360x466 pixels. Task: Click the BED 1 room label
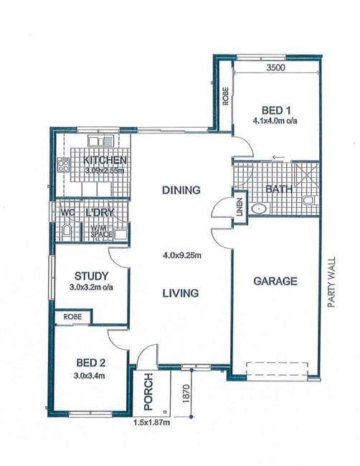click(275, 110)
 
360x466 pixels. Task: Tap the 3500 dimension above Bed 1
click(275, 68)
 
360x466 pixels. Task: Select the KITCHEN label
click(105, 160)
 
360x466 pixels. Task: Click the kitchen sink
click(101, 141)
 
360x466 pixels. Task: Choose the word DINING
click(181, 190)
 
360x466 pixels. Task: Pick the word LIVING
click(181, 293)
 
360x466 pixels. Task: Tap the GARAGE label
click(275, 281)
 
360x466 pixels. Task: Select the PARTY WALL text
click(331, 282)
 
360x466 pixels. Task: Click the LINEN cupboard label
click(240, 207)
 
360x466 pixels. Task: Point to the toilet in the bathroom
click(309, 200)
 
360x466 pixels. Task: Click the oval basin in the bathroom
click(259, 209)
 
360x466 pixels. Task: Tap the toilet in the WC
click(67, 232)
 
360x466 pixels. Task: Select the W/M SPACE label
click(101, 232)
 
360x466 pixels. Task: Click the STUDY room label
click(91, 276)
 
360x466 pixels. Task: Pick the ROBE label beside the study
click(72, 317)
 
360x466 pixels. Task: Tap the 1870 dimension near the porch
click(186, 394)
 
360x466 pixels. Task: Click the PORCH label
click(148, 391)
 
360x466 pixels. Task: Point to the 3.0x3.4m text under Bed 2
click(89, 376)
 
